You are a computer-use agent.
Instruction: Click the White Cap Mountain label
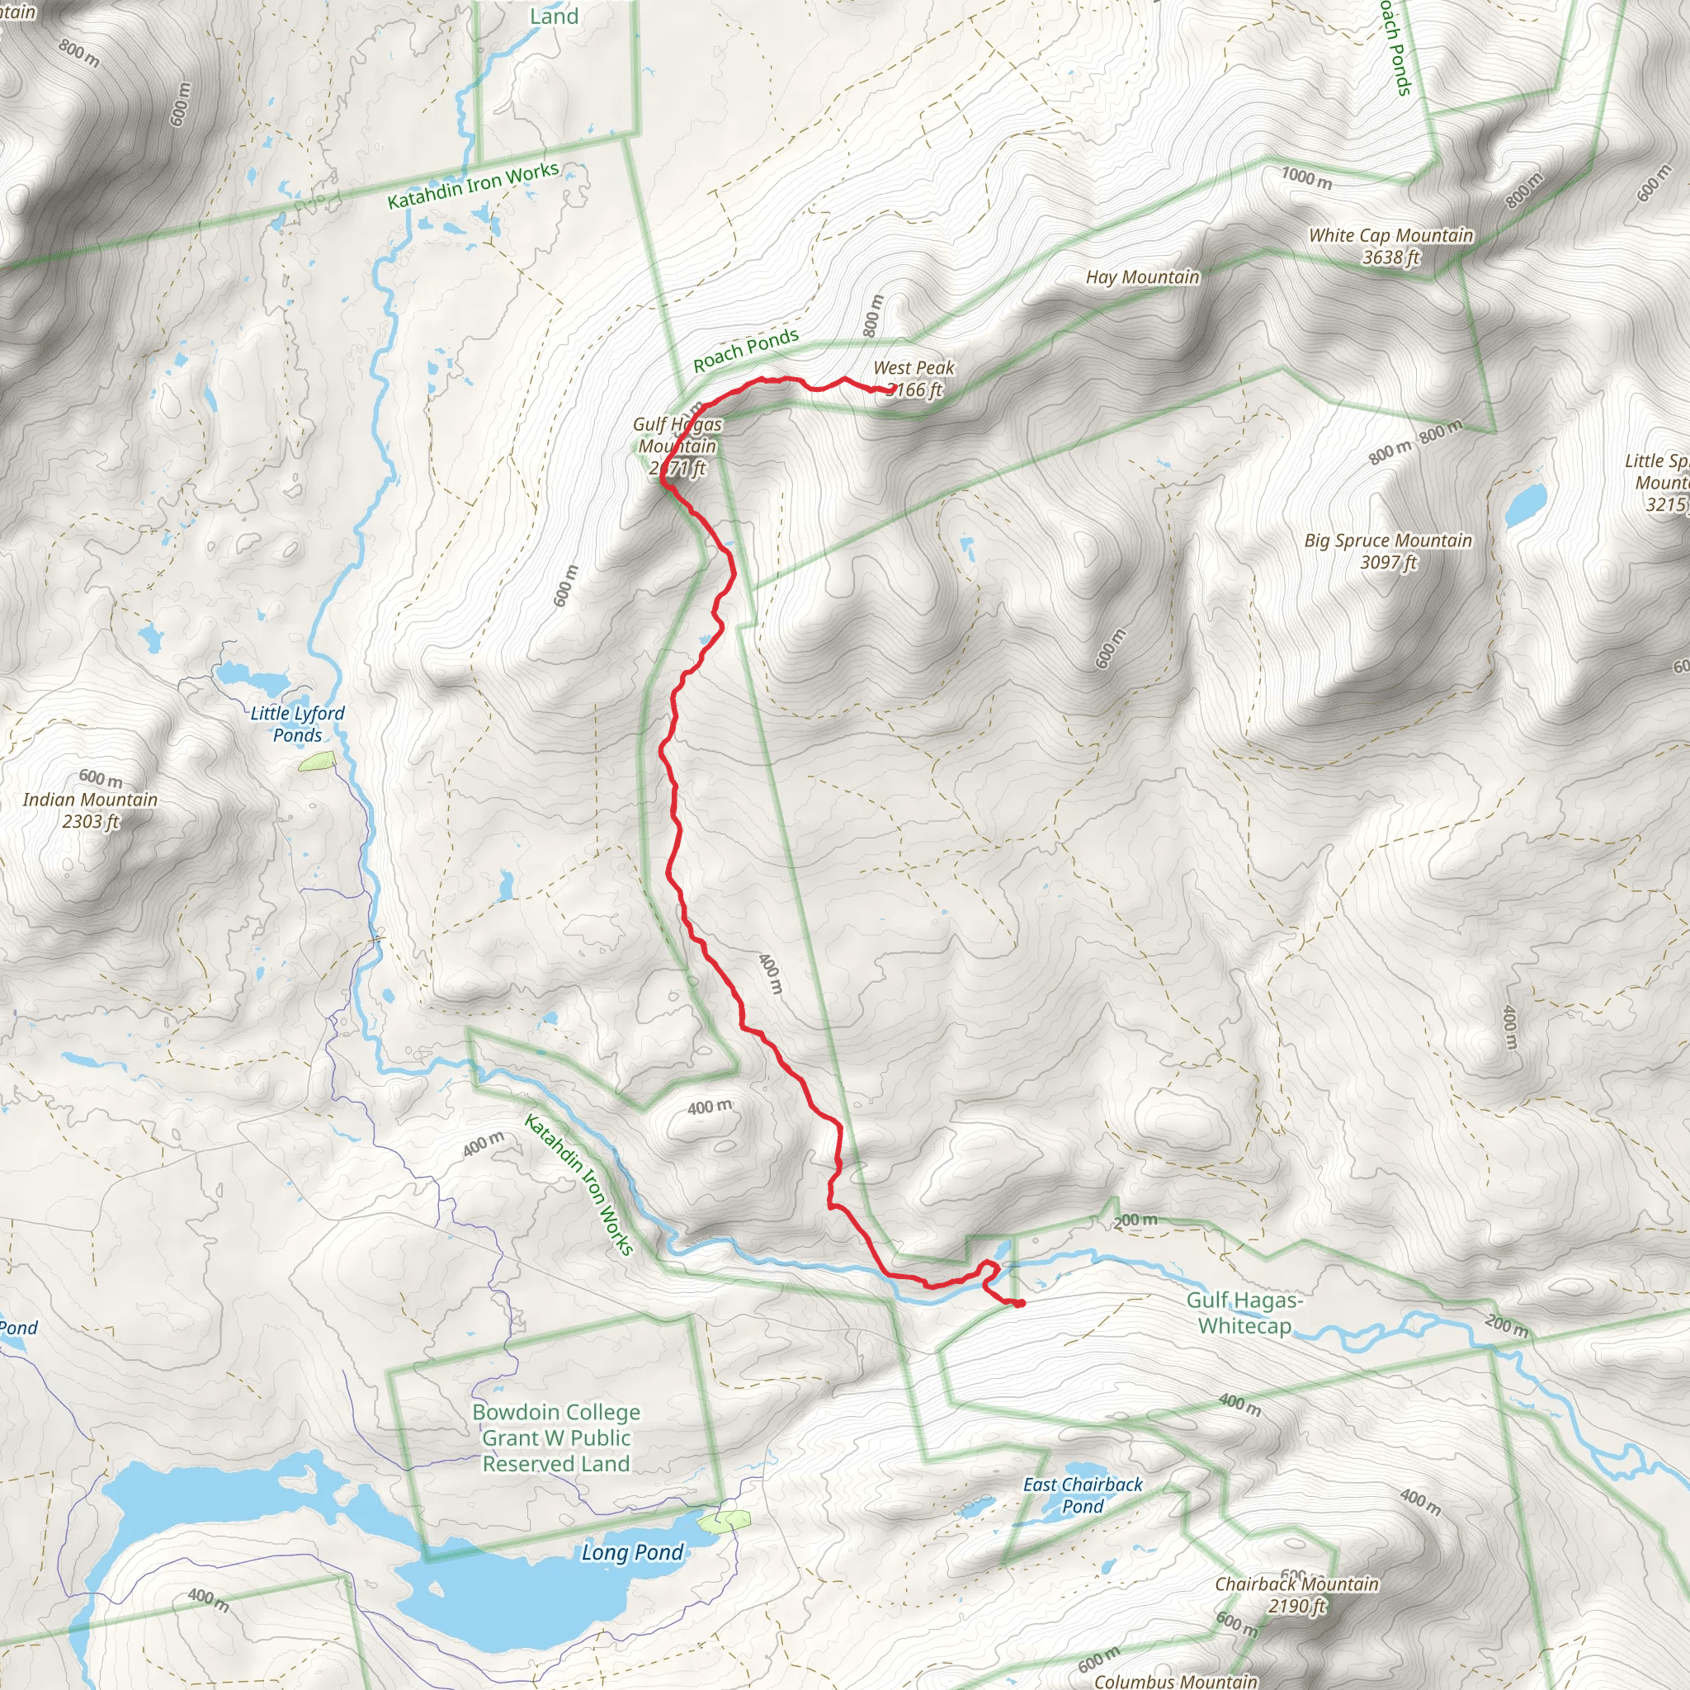click(1390, 246)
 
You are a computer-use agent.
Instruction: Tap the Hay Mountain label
click(1142, 277)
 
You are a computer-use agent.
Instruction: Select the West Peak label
click(913, 378)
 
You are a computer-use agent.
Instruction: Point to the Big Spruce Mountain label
click(1387, 551)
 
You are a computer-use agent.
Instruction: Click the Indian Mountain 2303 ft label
click(90, 810)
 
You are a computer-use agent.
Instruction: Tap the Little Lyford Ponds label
click(297, 725)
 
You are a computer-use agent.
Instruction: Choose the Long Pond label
click(632, 1553)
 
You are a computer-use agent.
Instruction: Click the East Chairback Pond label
click(1083, 1495)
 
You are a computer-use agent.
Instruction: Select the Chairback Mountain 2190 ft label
click(1296, 1594)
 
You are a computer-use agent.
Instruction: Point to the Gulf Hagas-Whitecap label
click(1244, 1313)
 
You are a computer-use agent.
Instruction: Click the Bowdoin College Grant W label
click(556, 1438)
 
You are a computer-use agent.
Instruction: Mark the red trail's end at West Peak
click(877, 389)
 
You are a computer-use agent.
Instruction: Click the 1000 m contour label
click(1306, 177)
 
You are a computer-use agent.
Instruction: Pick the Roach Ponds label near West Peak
click(745, 350)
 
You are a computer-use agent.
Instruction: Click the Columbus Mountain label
click(1175, 1680)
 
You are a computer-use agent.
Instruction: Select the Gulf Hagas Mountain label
click(678, 446)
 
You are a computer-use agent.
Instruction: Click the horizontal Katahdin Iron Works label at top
click(473, 186)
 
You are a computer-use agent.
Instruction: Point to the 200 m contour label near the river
click(1136, 1220)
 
